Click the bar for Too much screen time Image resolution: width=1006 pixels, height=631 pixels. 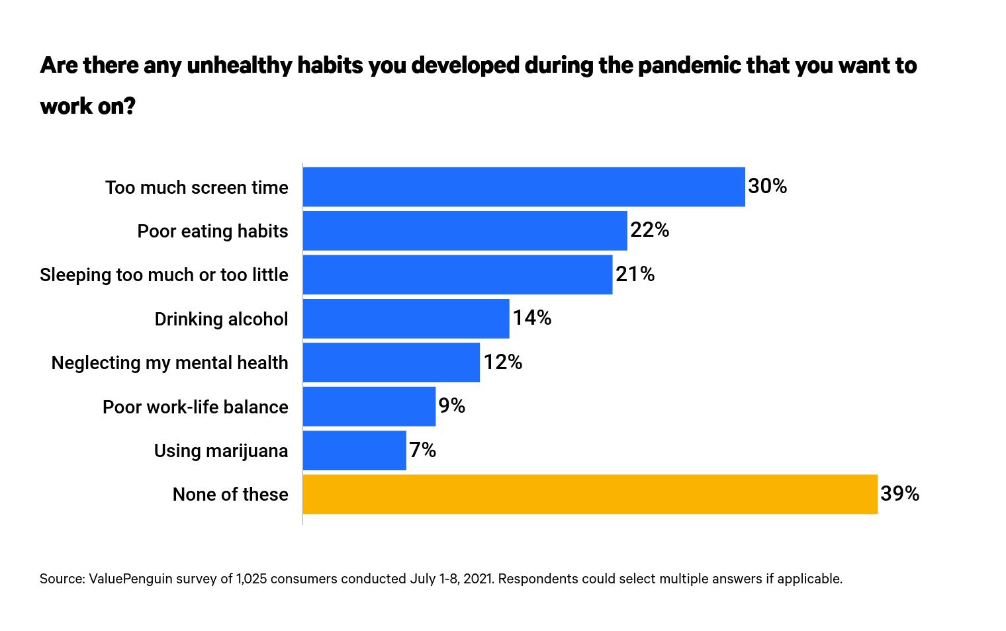(x=524, y=187)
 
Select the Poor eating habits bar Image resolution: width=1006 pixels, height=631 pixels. (x=465, y=231)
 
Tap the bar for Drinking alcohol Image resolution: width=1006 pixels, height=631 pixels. (x=406, y=319)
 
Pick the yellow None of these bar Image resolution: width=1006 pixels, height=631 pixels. (x=590, y=494)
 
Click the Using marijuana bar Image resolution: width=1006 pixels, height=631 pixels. (x=354, y=450)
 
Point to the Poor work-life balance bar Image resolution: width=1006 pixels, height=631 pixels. (x=369, y=407)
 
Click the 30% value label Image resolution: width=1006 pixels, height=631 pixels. (x=767, y=187)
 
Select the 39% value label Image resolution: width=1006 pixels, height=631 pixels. (x=899, y=494)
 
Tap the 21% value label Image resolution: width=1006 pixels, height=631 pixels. (x=635, y=274)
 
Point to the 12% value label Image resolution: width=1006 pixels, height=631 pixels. (x=502, y=362)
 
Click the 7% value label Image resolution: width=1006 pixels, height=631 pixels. (x=422, y=450)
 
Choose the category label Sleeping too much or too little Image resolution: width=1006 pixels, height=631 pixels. (x=163, y=275)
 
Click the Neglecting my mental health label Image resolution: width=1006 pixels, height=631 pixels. (x=169, y=363)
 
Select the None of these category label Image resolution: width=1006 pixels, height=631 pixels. (x=230, y=495)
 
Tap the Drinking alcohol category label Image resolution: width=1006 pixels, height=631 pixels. (x=221, y=319)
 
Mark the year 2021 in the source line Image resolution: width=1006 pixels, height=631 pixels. (x=478, y=579)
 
